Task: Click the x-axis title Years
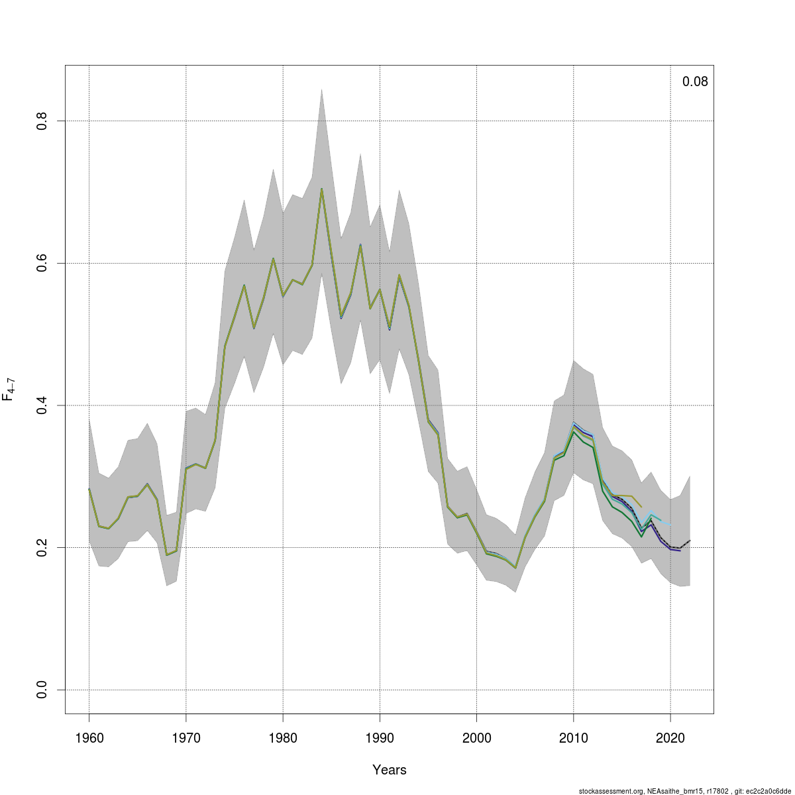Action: click(390, 770)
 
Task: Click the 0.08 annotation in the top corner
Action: click(695, 81)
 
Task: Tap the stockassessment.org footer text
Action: click(684, 791)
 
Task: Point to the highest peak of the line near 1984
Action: click(321, 189)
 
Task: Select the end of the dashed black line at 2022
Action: click(690, 541)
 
